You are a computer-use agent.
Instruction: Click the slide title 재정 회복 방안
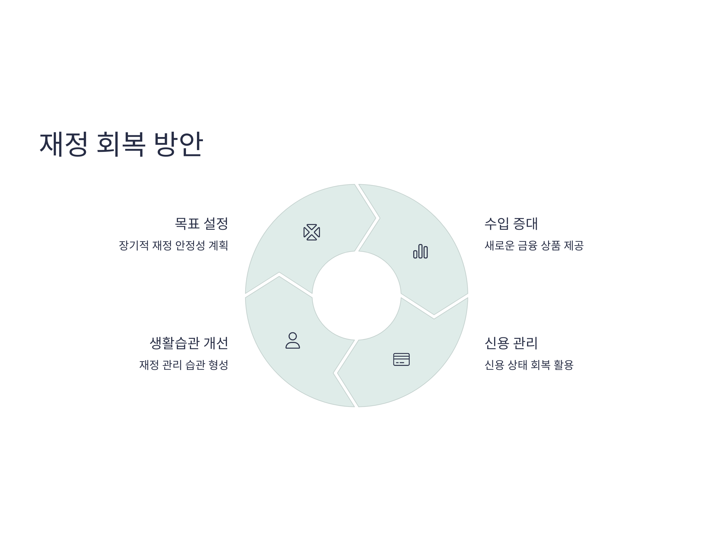click(x=121, y=144)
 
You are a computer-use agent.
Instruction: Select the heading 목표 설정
click(x=201, y=224)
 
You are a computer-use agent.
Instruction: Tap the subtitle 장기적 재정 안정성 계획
click(x=173, y=246)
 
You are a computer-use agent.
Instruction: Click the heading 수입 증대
click(x=511, y=224)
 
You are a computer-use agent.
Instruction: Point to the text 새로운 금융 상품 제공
click(x=534, y=246)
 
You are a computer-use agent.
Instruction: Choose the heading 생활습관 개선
click(x=189, y=343)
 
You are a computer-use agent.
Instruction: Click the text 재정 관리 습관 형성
click(x=183, y=365)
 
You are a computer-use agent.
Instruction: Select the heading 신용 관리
click(x=511, y=343)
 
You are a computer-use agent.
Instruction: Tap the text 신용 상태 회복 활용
click(x=529, y=365)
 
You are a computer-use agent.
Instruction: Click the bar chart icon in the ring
click(x=420, y=251)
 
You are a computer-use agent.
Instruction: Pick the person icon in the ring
click(x=293, y=340)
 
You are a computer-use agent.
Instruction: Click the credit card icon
click(x=401, y=359)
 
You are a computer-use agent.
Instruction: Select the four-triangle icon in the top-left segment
click(x=312, y=232)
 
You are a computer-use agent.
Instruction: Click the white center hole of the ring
click(x=356, y=295)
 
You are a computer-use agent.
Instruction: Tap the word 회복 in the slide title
click(x=121, y=144)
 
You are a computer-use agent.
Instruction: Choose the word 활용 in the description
click(x=564, y=365)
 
